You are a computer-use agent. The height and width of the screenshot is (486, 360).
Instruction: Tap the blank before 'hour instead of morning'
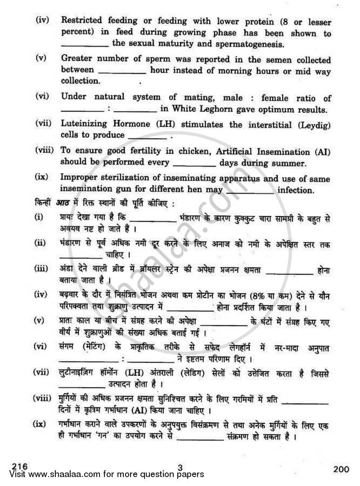121,71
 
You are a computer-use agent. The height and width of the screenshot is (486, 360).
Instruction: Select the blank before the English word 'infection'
250,191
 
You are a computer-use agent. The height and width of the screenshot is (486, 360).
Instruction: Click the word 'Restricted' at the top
83,20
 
